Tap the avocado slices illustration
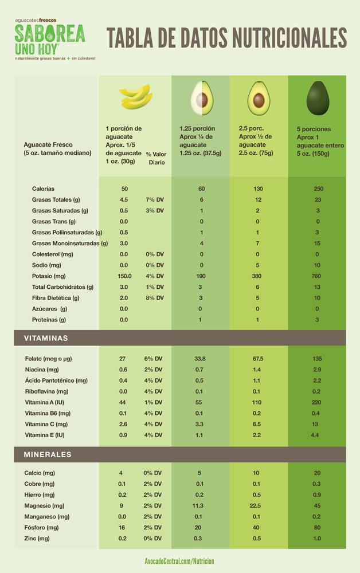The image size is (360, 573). coord(135,97)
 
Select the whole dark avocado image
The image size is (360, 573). coord(318,97)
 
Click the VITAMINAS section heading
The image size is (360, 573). coord(46,338)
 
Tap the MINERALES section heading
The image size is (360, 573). coord(48,454)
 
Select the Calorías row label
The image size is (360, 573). coord(44,189)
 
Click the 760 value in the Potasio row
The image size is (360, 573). coord(317,276)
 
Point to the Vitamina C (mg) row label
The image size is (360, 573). coord(46,424)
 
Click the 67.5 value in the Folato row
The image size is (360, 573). coord(257,359)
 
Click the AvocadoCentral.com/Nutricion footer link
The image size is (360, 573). coord(179,562)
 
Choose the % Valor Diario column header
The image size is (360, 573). coord(156,158)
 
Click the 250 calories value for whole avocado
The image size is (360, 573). coord(318,189)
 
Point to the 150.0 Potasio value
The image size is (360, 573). coord(124,276)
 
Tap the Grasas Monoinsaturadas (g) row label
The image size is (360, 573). coord(69,243)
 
